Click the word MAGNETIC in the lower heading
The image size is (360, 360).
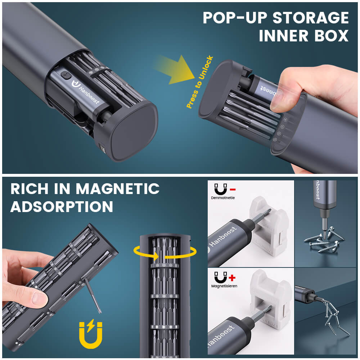tap(119, 189)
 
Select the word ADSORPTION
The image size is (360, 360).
tap(62, 207)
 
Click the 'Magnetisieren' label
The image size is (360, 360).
tap(224, 286)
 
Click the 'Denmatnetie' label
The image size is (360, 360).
tap(223, 198)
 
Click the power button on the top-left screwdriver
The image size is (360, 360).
tap(65, 76)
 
